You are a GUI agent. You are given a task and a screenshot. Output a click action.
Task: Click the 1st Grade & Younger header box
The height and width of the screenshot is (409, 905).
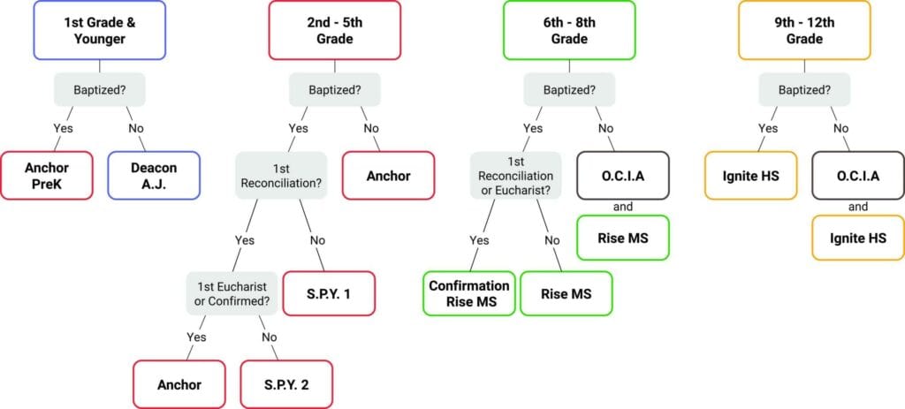[99, 31]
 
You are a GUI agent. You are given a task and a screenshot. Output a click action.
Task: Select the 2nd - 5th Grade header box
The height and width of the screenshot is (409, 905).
[335, 31]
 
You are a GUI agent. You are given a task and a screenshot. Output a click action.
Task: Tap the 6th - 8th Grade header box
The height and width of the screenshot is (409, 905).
[569, 31]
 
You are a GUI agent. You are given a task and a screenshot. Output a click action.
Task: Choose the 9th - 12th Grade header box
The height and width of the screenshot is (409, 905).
[804, 31]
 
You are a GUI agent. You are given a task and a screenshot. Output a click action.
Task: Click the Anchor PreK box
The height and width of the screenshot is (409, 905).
[47, 175]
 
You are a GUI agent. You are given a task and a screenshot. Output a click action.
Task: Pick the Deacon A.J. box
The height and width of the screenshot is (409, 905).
[154, 175]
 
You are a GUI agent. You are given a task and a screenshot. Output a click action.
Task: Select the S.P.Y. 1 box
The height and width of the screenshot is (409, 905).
[329, 293]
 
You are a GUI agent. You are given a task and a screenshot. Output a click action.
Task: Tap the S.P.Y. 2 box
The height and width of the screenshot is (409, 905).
[286, 384]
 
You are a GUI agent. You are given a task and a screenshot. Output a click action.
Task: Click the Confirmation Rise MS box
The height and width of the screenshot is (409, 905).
[469, 293]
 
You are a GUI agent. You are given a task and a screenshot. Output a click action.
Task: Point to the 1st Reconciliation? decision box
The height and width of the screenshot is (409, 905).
[280, 175]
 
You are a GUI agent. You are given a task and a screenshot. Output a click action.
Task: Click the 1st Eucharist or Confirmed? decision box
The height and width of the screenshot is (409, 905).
[233, 293]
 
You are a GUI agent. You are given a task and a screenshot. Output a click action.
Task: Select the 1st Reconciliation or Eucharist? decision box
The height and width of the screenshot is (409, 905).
[514, 175]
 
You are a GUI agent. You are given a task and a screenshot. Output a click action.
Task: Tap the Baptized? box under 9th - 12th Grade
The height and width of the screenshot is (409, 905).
[804, 89]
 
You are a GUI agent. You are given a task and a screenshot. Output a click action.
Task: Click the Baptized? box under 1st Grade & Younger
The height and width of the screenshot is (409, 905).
[99, 89]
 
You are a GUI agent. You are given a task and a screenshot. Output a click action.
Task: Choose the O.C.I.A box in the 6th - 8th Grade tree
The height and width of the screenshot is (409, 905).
[623, 175]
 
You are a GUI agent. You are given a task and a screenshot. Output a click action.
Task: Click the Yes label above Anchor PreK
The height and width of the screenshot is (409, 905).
[63, 127]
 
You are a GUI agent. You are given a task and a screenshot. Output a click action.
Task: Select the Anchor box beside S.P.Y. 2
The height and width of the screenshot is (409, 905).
[179, 384]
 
